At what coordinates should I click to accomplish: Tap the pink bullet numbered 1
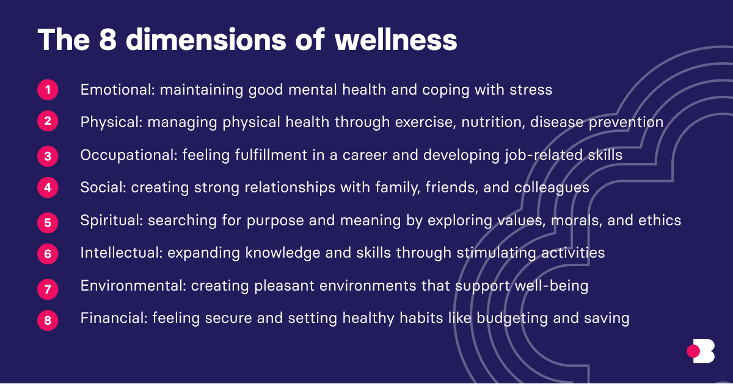tap(48, 90)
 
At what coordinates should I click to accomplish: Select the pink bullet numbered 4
tap(48, 188)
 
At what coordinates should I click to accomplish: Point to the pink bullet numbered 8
tap(48, 320)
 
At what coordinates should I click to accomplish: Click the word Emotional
tap(117, 90)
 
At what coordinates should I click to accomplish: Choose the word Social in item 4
tap(101, 187)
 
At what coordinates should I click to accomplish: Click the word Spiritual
tap(111, 220)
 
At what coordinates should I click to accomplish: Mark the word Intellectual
tap(119, 252)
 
